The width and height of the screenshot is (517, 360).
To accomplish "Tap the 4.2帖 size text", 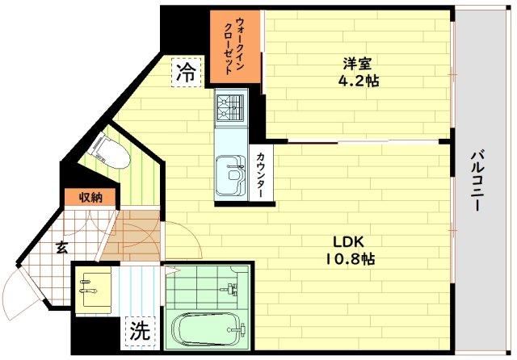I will click(358, 81).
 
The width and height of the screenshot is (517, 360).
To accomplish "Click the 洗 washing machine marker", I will click(140, 330).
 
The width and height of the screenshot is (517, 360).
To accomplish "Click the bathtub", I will click(208, 329).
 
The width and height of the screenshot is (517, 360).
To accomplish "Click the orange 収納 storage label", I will click(90, 197).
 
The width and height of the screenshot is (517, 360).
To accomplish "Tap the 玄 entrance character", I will click(61, 249).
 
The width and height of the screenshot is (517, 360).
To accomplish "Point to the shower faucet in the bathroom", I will click(233, 289).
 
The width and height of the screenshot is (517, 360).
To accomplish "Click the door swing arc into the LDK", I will click(179, 242).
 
